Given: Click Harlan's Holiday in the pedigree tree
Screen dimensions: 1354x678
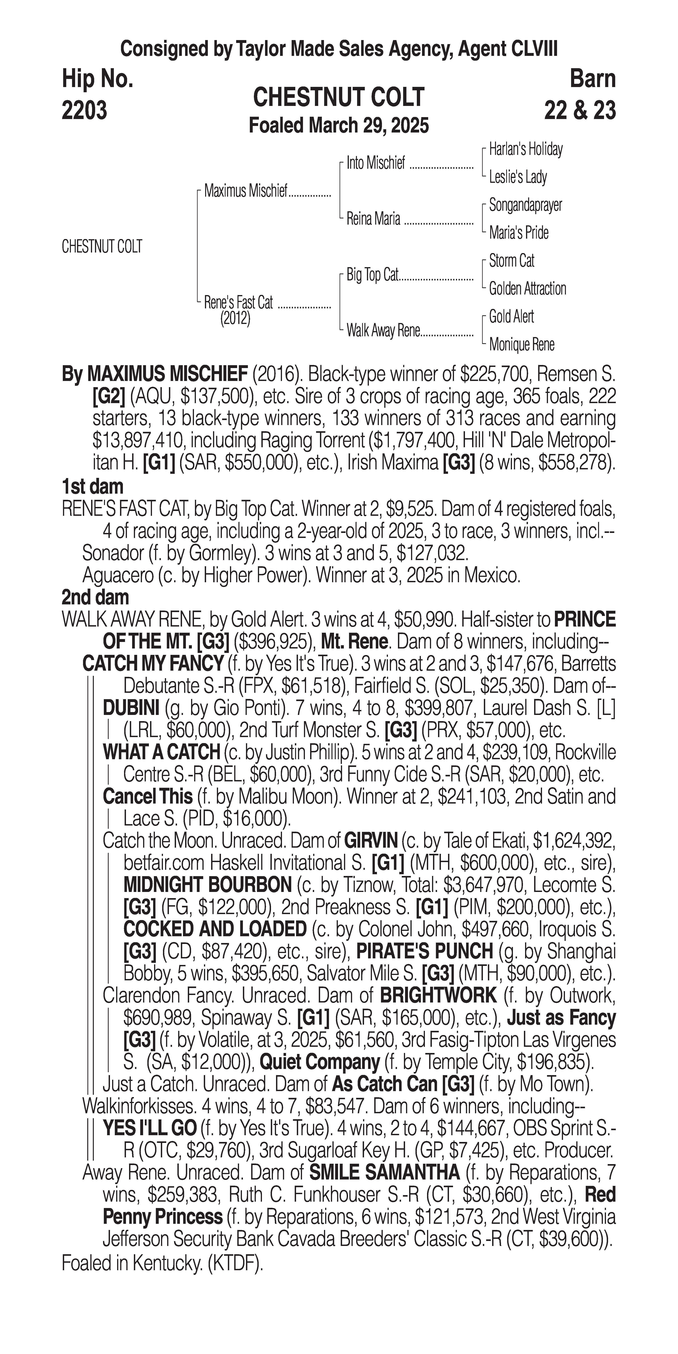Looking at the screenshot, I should click(x=526, y=149).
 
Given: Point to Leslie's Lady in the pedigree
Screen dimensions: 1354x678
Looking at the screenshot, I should click(x=518, y=177).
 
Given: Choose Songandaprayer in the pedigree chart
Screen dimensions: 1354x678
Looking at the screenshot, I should click(x=525, y=205).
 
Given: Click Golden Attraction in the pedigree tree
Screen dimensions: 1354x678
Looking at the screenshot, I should click(x=527, y=289).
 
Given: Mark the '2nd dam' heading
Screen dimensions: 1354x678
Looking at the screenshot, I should click(x=95, y=598).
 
